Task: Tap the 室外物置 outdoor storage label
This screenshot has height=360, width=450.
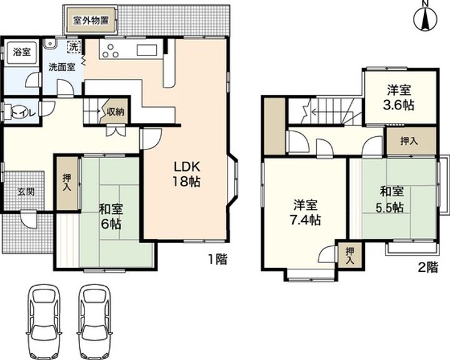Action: [91, 21]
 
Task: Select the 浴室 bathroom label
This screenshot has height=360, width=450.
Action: [22, 52]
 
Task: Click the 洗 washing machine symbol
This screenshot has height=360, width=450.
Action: [74, 47]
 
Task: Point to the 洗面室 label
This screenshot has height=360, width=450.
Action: [62, 67]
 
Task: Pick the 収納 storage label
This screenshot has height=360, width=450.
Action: [116, 112]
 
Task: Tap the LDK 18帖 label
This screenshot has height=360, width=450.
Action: [186, 174]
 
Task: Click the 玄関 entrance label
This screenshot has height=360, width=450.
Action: [26, 192]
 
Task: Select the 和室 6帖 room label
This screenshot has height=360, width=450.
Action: [111, 216]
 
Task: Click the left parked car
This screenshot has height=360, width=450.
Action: [44, 321]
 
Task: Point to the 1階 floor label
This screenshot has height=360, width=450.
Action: [217, 259]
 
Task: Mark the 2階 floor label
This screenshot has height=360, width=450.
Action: [428, 267]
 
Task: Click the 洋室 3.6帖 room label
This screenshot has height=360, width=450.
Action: [399, 97]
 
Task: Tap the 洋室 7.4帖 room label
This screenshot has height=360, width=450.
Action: [306, 212]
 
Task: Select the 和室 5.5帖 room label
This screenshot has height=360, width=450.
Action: [391, 199]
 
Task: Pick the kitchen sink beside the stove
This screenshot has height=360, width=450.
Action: [146, 50]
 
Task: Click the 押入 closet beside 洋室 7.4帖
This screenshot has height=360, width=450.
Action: [349, 256]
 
